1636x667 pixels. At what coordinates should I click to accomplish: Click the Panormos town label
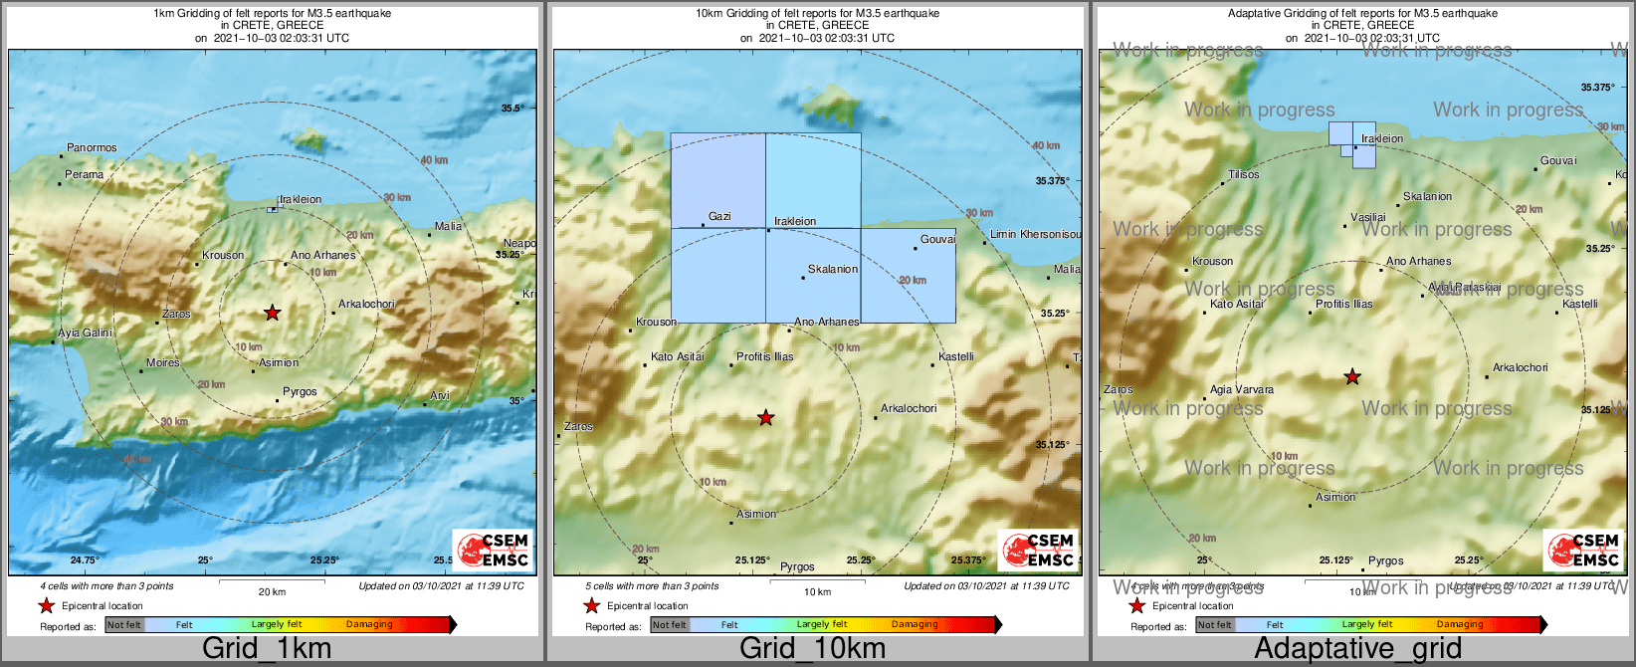click(x=92, y=148)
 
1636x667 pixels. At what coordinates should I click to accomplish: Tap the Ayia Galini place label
click(x=86, y=333)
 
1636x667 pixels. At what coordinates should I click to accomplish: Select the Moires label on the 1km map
click(x=163, y=363)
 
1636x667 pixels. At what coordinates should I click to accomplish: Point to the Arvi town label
click(x=440, y=395)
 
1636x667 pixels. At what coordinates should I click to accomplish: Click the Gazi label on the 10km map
click(x=719, y=216)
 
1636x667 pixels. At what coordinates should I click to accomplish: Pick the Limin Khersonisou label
click(x=1035, y=234)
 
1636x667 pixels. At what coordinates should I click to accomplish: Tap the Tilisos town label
click(x=1244, y=174)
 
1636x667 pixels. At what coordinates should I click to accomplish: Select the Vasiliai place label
click(x=1368, y=217)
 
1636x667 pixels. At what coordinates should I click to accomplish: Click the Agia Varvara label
click(x=1242, y=390)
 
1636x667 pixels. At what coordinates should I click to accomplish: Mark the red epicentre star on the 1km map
click(x=273, y=313)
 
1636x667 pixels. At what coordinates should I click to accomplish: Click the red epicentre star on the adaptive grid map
click(x=1352, y=377)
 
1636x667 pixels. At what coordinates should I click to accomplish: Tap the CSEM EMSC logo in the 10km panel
click(x=1039, y=550)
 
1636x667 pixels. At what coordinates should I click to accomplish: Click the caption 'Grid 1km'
click(x=267, y=648)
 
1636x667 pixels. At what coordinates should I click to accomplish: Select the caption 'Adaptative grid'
click(x=1357, y=648)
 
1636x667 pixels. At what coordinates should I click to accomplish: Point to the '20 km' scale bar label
click(x=272, y=592)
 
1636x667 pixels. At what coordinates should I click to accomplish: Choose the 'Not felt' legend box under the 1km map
click(x=124, y=625)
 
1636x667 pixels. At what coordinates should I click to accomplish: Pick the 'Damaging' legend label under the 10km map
click(x=915, y=625)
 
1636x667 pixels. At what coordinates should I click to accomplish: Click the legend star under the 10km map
click(x=592, y=606)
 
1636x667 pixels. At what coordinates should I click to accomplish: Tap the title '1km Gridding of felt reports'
click(x=273, y=14)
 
